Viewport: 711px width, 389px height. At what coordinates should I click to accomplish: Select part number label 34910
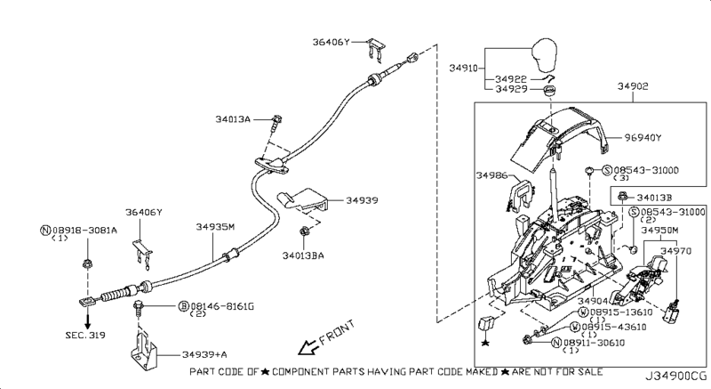(463, 68)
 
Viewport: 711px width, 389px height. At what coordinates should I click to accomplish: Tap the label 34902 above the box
(633, 85)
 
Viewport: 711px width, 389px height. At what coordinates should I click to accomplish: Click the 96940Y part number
(643, 138)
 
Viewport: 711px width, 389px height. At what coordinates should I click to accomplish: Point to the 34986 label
(491, 175)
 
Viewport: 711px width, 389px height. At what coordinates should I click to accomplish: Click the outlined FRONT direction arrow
(308, 347)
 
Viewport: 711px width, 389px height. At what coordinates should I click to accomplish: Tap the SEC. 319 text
(85, 336)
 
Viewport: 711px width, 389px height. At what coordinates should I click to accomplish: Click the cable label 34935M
(215, 226)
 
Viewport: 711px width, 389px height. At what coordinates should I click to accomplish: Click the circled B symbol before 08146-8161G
(184, 306)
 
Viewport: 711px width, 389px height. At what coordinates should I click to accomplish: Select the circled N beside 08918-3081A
(45, 231)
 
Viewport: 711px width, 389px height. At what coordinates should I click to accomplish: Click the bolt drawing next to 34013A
(276, 123)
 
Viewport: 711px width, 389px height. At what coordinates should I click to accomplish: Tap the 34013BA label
(303, 255)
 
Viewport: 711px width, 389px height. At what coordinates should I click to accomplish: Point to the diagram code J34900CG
(676, 377)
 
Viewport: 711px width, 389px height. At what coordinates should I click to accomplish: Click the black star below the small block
(485, 343)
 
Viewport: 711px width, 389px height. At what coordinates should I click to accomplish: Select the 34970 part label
(675, 251)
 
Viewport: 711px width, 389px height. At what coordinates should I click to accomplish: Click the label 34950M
(659, 231)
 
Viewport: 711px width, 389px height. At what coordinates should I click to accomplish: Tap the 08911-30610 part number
(594, 343)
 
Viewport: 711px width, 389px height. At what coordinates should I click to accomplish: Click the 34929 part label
(512, 89)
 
